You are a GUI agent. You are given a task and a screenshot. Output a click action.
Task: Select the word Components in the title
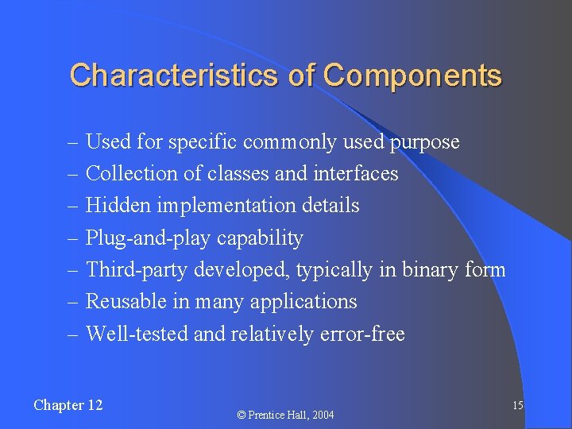point(412,75)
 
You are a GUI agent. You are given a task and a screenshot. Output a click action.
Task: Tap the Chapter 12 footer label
point(68,405)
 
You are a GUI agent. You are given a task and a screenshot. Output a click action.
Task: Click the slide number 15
point(517,406)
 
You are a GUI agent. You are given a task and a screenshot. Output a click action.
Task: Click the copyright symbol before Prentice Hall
point(242,415)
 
